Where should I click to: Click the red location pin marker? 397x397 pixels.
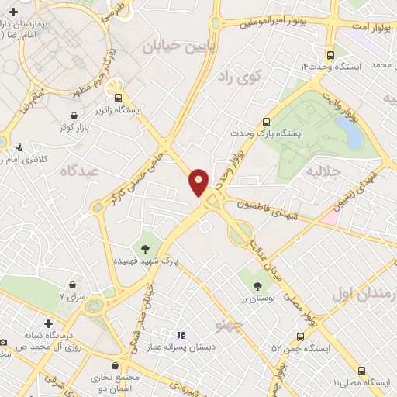coord(199,181)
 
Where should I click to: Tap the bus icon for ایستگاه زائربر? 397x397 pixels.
coord(118,98)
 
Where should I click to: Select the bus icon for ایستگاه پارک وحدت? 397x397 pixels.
coord(266,121)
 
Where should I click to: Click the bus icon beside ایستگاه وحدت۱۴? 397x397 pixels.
coord(331,55)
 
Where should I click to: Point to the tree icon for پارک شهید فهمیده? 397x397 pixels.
coord(144,248)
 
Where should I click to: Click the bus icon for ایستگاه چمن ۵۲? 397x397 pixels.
coord(302,336)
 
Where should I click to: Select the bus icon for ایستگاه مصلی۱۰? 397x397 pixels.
coord(362,370)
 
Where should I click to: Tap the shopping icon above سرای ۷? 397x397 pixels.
coord(72,285)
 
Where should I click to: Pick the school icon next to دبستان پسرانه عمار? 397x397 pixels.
coord(180,335)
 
